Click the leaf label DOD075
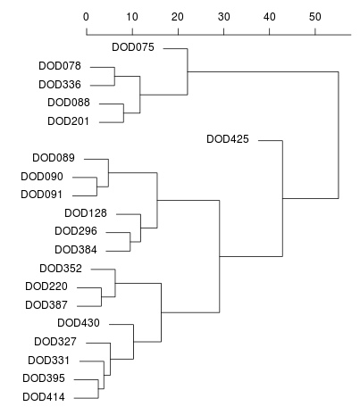133,47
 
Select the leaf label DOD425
228,139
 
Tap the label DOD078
60,66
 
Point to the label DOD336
60,85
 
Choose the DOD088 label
69,103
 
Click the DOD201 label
69,121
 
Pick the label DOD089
54,158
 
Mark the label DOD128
86,213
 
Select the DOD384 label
76,250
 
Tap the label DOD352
61,269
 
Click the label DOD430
79,323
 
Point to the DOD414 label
44,397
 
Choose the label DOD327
55,342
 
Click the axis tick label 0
86,17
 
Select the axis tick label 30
223,17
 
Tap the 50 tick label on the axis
315,17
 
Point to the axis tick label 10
132,17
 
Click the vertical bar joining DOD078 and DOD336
114,77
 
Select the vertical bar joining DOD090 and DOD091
96,187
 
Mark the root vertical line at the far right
339,135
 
